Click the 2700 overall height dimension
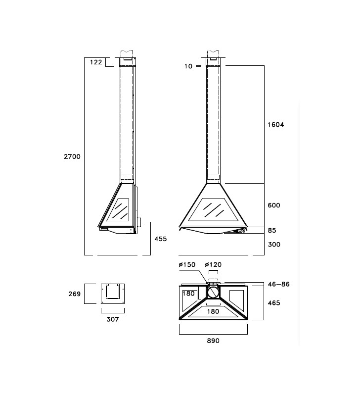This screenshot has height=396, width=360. pyautogui.click(x=72, y=156)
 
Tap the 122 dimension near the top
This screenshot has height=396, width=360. pyautogui.click(x=96, y=62)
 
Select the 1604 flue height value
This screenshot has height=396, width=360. pyautogui.click(x=276, y=125)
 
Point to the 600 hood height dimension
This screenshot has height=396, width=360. pyautogui.click(x=274, y=205)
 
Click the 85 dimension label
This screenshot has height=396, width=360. pyautogui.click(x=272, y=230)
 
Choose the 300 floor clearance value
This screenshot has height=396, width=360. pyautogui.click(x=274, y=245)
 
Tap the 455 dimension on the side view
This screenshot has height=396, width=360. pyautogui.click(x=161, y=239)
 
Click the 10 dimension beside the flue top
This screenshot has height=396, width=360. pyautogui.click(x=188, y=66)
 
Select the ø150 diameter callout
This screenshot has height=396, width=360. pyautogui.click(x=187, y=265)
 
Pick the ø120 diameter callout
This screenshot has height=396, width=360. pyautogui.click(x=213, y=265)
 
